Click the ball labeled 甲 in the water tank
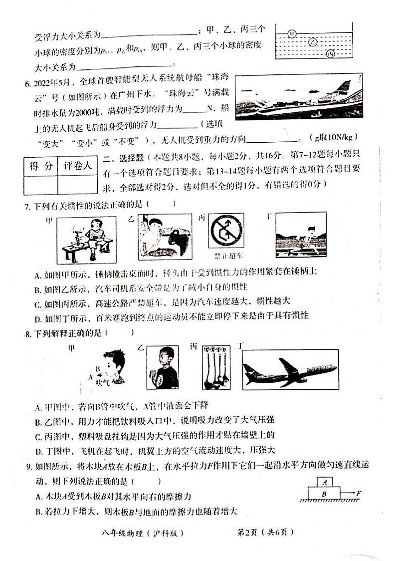(x=293, y=33)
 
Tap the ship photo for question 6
(x=298, y=97)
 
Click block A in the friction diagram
(x=325, y=482)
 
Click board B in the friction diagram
(x=324, y=493)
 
